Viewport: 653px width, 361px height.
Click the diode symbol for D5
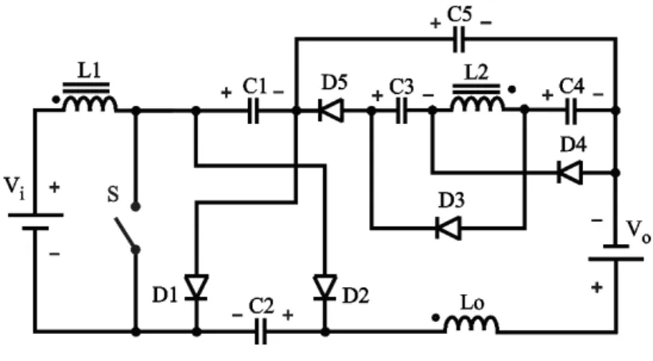(x=331, y=111)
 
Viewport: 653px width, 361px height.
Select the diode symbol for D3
(x=448, y=228)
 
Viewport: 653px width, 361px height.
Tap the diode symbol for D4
(x=569, y=172)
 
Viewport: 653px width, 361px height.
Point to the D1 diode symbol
(x=196, y=287)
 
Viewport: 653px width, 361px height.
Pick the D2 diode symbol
(x=325, y=287)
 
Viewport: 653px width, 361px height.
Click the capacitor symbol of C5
(x=458, y=39)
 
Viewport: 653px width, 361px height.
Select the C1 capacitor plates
(x=253, y=111)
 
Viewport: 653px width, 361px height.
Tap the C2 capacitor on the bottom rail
(x=261, y=332)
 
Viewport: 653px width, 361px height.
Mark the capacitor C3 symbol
(x=402, y=111)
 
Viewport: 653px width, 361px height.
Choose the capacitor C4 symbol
(x=572, y=111)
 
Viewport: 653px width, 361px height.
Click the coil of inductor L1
(x=90, y=103)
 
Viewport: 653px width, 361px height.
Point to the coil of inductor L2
(x=477, y=103)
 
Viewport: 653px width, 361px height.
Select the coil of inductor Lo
(x=471, y=324)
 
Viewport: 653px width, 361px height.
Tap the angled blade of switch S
(x=126, y=233)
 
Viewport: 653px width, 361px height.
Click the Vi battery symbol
(x=36, y=222)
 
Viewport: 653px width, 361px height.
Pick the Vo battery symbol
(x=616, y=252)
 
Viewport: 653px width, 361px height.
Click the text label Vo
(x=639, y=231)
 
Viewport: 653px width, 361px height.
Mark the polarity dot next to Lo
(x=436, y=318)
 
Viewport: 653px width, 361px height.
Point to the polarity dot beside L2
(x=512, y=90)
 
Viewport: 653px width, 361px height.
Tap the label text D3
(x=452, y=200)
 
